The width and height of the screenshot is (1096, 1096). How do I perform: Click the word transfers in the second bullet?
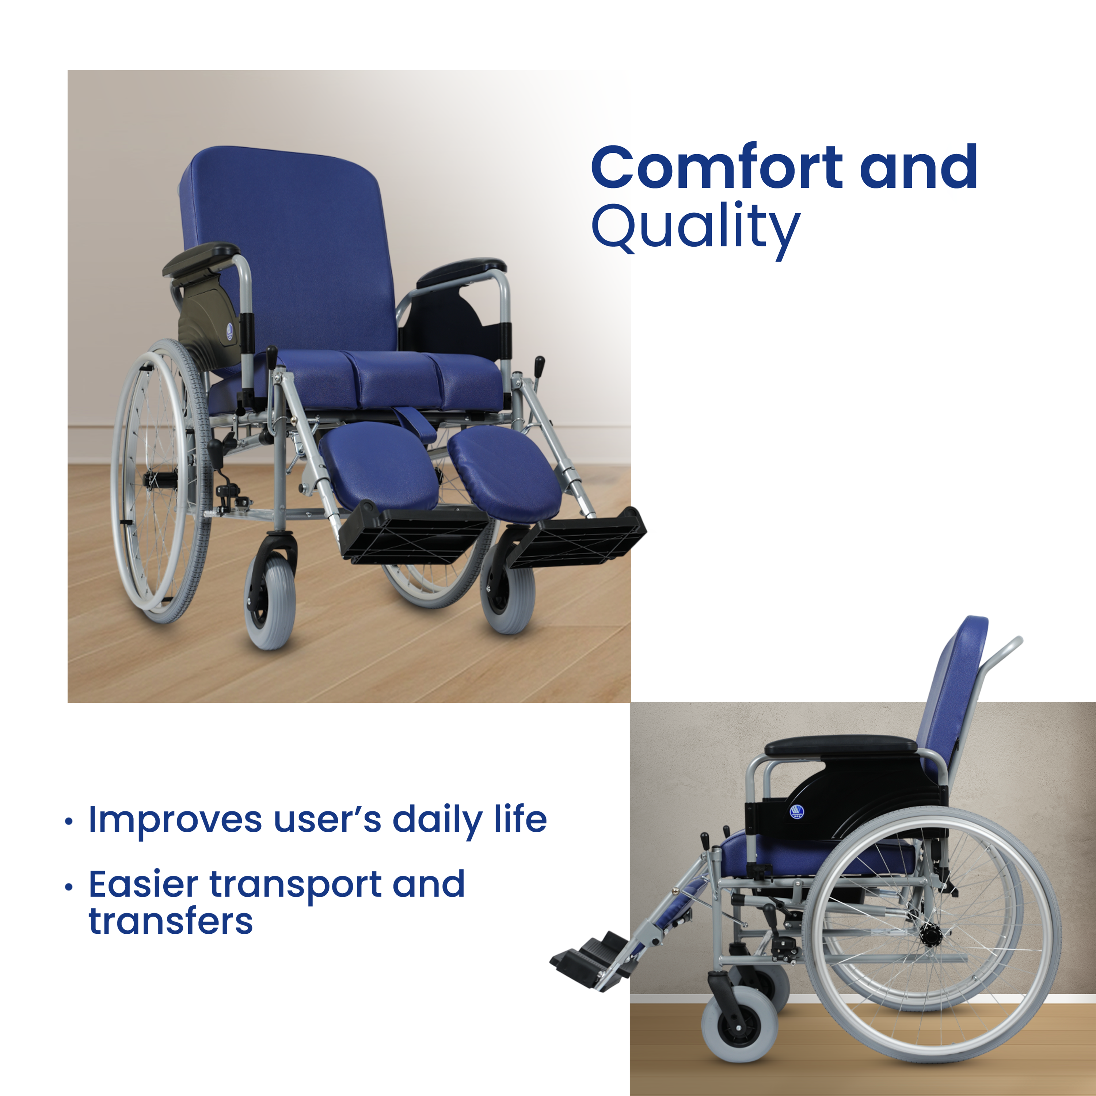[171, 921]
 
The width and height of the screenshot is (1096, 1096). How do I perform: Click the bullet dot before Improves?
[69, 822]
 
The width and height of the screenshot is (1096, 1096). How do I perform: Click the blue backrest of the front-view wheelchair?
[288, 250]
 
